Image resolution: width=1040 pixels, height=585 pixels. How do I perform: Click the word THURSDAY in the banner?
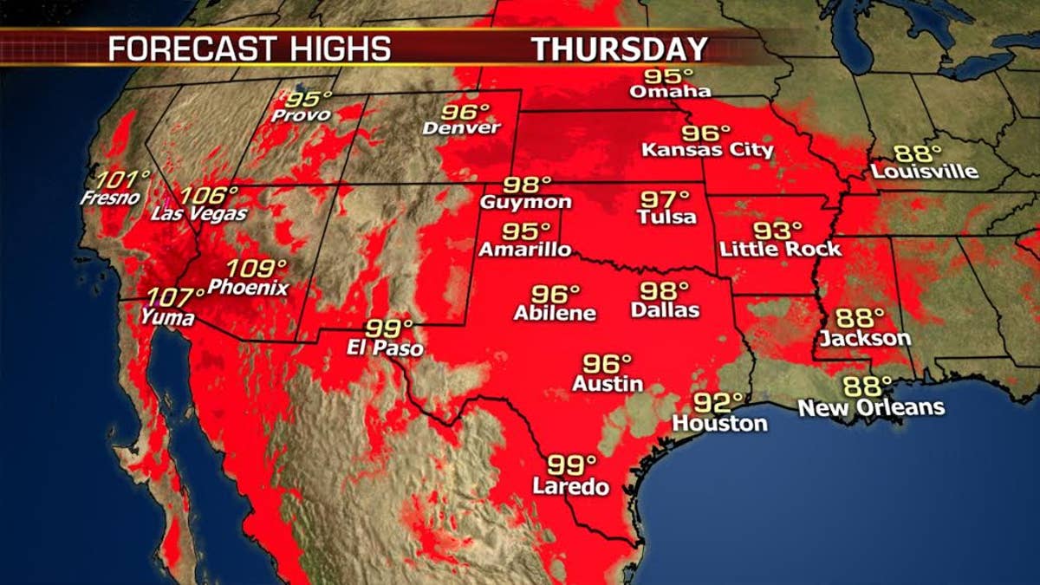coord(620,49)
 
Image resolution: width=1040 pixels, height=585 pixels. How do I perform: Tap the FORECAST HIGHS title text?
coord(249,49)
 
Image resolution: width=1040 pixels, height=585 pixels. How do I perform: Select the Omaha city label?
coord(670,91)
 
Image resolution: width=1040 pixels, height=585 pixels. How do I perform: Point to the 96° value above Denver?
coord(465,112)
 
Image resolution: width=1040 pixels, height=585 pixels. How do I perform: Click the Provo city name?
coord(301,114)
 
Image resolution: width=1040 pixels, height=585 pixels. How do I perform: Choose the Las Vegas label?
coord(199,213)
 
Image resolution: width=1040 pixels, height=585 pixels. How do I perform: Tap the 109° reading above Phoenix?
coord(256,269)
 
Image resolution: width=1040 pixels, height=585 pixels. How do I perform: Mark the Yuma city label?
coord(168,318)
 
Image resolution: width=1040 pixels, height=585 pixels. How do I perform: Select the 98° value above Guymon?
coord(528,185)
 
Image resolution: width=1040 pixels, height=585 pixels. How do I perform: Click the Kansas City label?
coord(707,150)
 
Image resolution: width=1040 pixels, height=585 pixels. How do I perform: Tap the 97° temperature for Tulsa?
coord(665,198)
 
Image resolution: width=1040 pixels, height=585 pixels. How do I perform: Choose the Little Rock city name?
coord(780,250)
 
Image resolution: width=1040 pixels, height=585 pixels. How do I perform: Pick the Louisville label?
coord(924,171)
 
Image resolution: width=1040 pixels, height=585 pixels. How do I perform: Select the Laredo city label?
coord(570,487)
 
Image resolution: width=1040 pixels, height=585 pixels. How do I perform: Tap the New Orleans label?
coord(871,407)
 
